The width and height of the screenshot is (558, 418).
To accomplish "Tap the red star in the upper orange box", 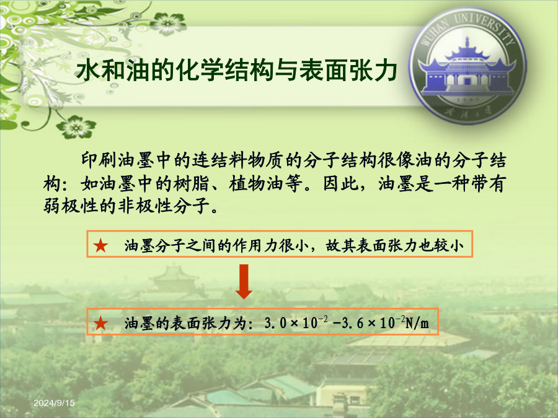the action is click(100, 246).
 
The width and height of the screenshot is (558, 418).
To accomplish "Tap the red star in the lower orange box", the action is click(100, 323).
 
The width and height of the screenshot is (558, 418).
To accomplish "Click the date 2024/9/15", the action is click(54, 403).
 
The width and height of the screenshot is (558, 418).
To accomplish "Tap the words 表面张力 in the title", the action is click(348, 70).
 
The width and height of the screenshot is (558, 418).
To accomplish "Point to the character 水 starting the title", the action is click(88, 70).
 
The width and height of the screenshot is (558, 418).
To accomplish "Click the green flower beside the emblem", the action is click(167, 24).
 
